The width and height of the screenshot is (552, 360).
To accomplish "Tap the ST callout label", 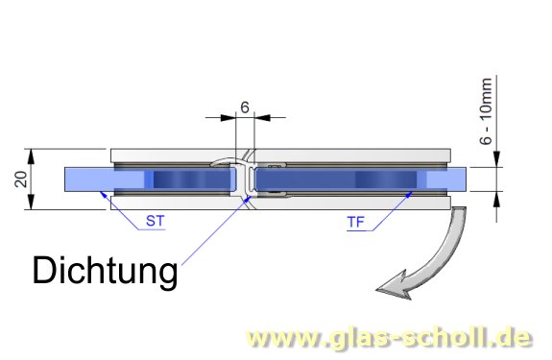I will pyautogui.click(x=155, y=221).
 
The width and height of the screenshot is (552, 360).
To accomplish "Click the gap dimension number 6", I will pyautogui.click(x=245, y=108).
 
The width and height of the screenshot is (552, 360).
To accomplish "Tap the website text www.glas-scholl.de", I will pyautogui.click(x=388, y=337).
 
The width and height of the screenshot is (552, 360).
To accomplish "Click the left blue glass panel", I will pyautogui.click(x=154, y=180).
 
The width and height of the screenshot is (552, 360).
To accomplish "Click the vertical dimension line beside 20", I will pyautogui.click(x=34, y=180).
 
